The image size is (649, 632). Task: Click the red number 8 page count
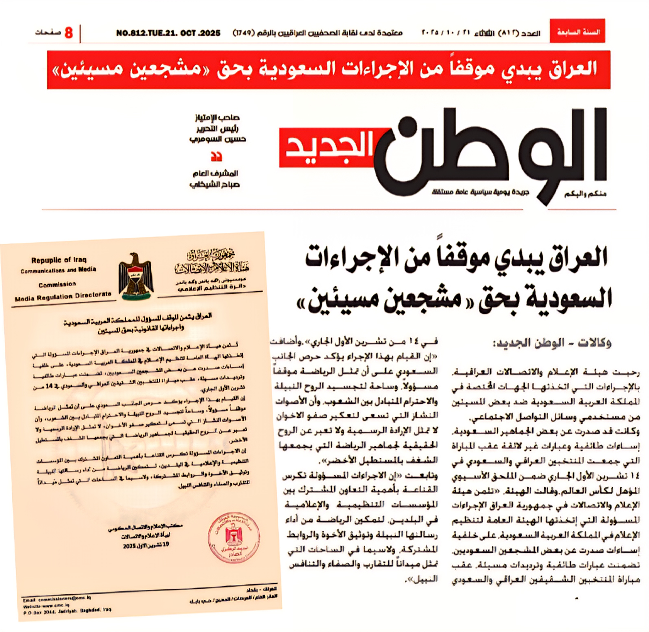(x=69, y=33)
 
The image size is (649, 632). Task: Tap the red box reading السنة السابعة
(x=577, y=31)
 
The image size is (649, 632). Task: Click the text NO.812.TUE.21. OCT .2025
(x=168, y=33)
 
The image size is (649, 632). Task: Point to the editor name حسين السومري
(x=218, y=139)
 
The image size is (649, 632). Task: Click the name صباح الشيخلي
(x=215, y=185)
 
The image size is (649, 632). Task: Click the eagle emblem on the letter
(x=136, y=276)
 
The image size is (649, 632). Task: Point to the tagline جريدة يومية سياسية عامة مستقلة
(x=480, y=192)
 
